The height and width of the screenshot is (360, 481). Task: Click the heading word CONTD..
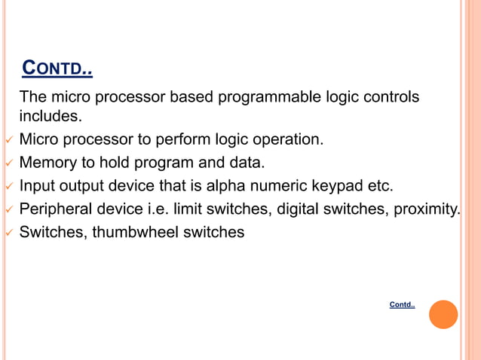[57, 71]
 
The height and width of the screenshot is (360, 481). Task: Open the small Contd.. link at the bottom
[402, 305]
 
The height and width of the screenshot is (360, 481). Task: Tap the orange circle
[443, 314]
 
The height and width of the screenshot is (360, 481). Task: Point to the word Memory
[47, 162]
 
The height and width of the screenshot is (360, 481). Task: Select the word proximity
[427, 209]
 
